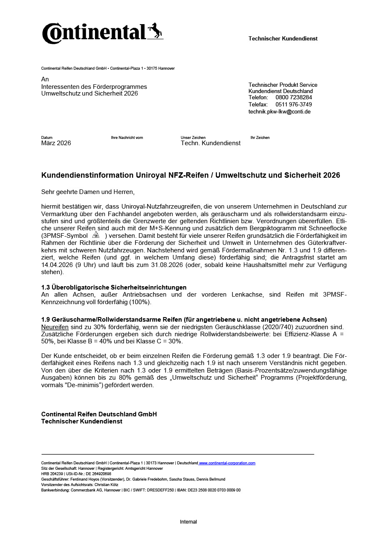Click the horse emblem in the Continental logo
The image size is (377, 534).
click(x=155, y=31)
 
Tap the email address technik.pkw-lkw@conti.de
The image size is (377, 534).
click(x=280, y=111)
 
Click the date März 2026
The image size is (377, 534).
click(x=56, y=143)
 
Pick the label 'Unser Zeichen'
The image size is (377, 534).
click(x=193, y=138)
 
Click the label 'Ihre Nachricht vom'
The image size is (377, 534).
click(x=127, y=138)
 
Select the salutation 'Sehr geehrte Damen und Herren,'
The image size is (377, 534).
click(x=88, y=192)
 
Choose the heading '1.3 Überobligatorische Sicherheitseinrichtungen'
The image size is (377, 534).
click(x=114, y=287)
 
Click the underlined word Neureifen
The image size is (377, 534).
click(x=55, y=327)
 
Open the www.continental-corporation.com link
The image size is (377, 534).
click(x=227, y=463)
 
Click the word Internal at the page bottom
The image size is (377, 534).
click(x=188, y=522)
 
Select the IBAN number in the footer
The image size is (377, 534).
click(x=215, y=490)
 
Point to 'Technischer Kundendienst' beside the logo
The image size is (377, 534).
click(x=283, y=38)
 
